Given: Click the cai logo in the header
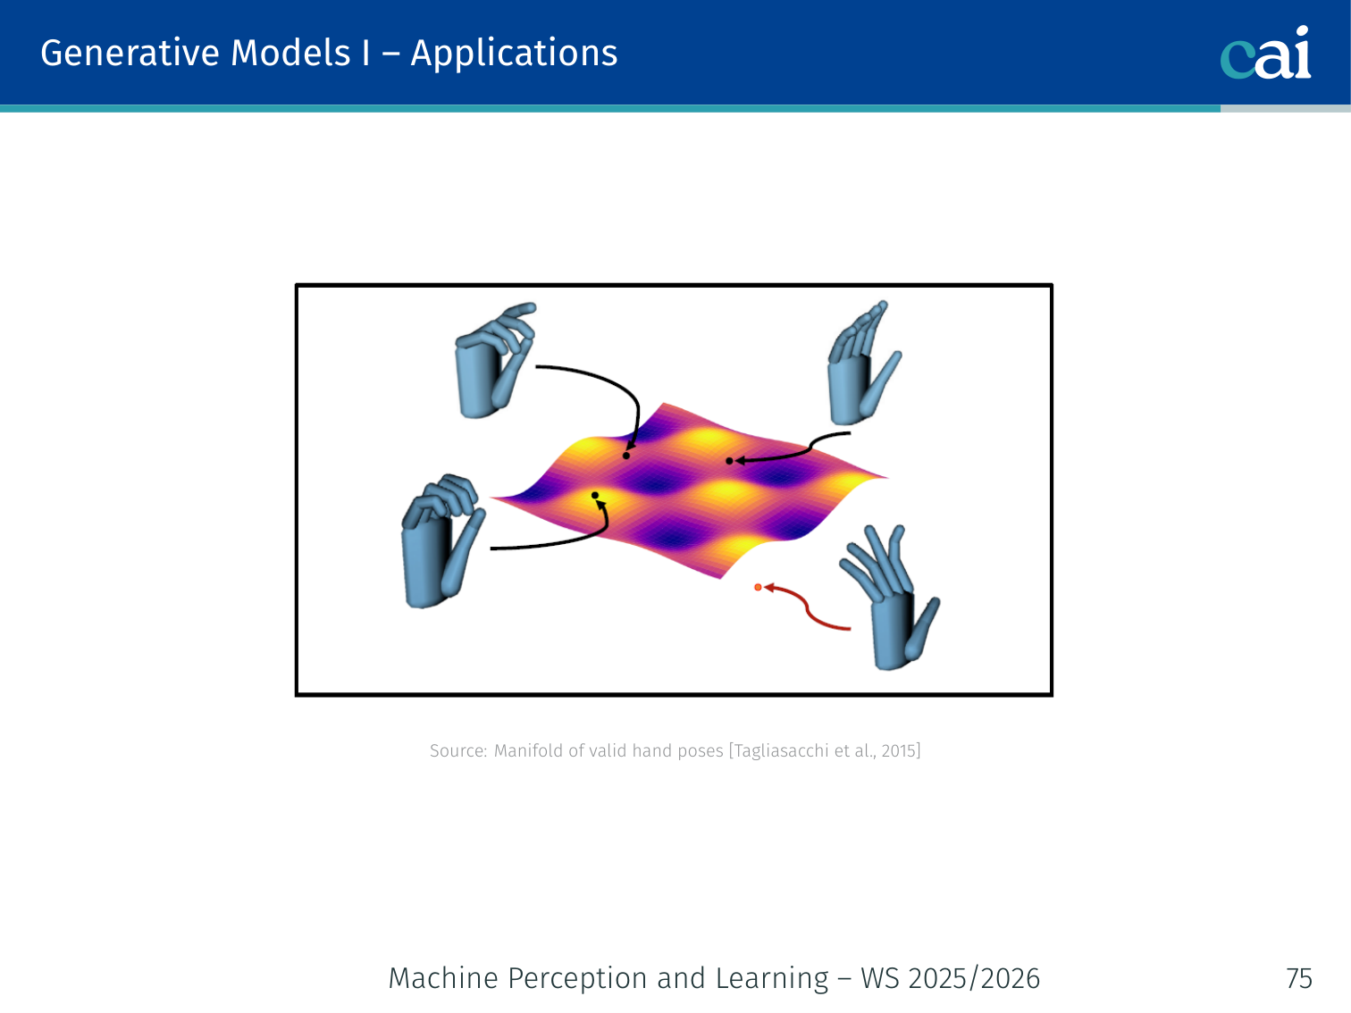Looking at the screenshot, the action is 1265,53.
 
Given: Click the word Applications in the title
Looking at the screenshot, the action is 514,54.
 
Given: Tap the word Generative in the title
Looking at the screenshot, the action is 130,53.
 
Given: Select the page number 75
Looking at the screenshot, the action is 1298,978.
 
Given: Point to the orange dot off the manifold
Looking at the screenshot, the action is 758,588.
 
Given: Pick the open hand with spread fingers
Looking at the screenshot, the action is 890,598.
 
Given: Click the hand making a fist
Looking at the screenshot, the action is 442,541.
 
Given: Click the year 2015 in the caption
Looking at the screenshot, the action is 899,751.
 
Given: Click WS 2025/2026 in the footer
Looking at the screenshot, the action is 950,978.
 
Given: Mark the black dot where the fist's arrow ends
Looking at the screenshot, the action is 594,495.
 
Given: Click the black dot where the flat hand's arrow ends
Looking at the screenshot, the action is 729,461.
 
